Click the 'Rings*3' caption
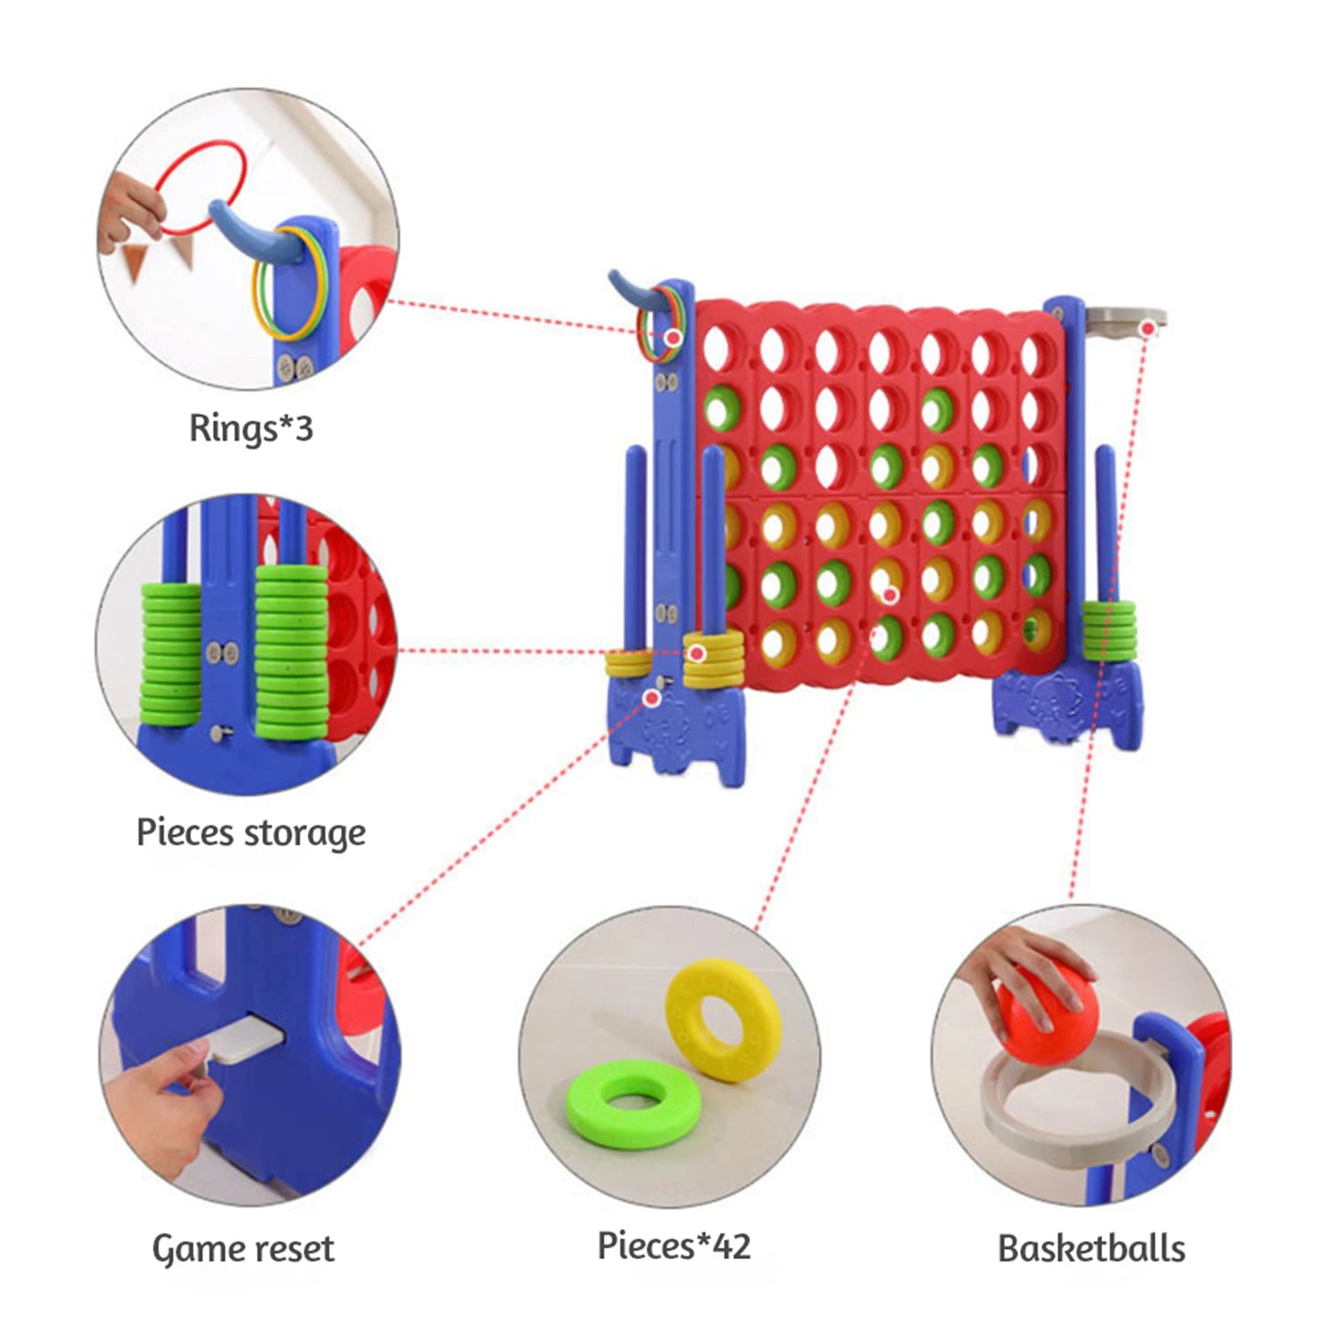(x=251, y=428)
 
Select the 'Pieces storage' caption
(x=251, y=834)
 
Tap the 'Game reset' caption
(x=244, y=1248)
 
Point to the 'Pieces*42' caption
(x=674, y=1246)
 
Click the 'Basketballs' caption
(x=1091, y=1248)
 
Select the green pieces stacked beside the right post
(x=1108, y=628)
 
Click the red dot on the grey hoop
(x=1147, y=327)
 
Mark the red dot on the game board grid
(x=889, y=596)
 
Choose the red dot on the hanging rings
(x=673, y=338)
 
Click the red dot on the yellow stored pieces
(x=698, y=653)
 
